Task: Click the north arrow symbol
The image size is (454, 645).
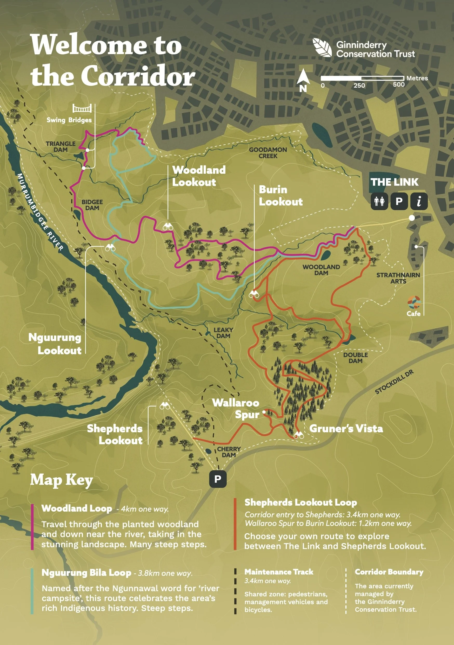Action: click(x=303, y=78)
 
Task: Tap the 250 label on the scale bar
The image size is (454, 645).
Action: click(x=359, y=85)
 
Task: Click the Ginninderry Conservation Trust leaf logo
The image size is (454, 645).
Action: click(x=322, y=48)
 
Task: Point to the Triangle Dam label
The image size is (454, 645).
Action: click(x=61, y=147)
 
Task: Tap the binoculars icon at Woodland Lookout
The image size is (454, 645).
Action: click(x=168, y=227)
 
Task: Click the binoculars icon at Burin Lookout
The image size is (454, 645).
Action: click(x=254, y=294)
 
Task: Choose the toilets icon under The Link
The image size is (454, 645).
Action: click(x=379, y=201)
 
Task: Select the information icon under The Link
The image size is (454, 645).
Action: click(x=419, y=201)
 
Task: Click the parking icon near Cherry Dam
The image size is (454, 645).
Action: click(x=218, y=479)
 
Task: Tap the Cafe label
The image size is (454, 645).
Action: click(x=413, y=313)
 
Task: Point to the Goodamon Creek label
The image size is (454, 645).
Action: click(x=268, y=153)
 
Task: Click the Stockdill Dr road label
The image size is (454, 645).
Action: click(x=394, y=382)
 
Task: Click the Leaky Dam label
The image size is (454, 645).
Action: click(x=223, y=333)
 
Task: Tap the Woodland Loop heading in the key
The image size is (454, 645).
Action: click(x=77, y=508)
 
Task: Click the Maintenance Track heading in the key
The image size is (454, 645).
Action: click(x=279, y=572)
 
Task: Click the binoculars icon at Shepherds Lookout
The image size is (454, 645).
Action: click(x=165, y=406)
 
